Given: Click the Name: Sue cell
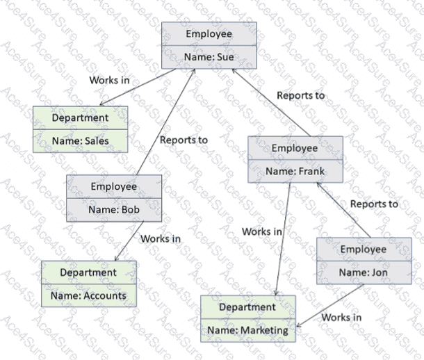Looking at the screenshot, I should coord(209,57).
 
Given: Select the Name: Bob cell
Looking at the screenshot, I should coord(114,209).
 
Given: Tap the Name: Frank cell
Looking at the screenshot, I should coord(295,170).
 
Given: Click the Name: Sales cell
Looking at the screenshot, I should coord(81,140).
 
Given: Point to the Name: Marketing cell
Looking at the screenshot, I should coord(248,330).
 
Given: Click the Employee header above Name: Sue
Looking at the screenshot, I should coord(209,34).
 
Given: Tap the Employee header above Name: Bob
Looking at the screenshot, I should coord(114,186).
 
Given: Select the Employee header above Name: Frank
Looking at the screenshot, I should coord(295,147).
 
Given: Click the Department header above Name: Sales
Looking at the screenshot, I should coord(81,117).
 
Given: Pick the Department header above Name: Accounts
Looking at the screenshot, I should coord(88,272).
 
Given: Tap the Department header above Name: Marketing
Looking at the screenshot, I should coord(248,307).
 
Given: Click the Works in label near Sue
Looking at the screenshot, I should coord(109,80).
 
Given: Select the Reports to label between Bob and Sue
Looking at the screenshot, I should coord(184,140).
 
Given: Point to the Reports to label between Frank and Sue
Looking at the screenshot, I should coord(301,95).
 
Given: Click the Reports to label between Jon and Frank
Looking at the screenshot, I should coord(374,204).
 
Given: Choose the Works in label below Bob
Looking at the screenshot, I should coord(161,238).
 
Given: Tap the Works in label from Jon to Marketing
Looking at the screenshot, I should coord(341,318).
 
